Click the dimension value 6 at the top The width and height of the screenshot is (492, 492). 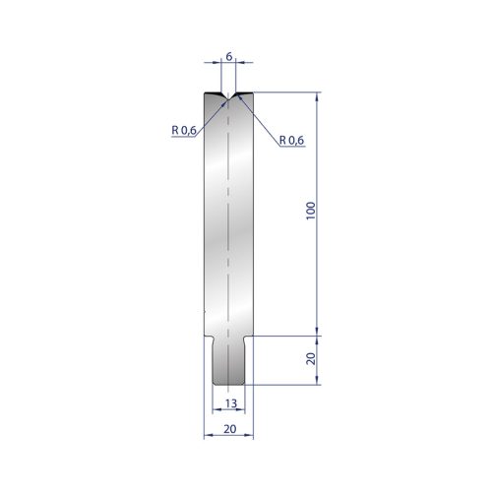tap(229, 56)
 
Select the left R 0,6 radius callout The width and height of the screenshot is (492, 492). tap(184, 130)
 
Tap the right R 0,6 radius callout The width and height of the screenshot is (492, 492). tap(291, 140)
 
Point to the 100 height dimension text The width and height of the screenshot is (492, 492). tap(310, 211)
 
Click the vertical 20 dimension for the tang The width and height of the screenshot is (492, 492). tap(310, 358)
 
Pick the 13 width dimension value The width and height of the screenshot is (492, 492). tap(231, 403)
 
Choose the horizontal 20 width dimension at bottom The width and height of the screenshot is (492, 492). tap(230, 429)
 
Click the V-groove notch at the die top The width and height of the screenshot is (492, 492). tap(228, 96)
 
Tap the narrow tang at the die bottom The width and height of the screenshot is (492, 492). tap(228, 360)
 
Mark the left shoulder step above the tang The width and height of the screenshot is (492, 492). tap(209, 337)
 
